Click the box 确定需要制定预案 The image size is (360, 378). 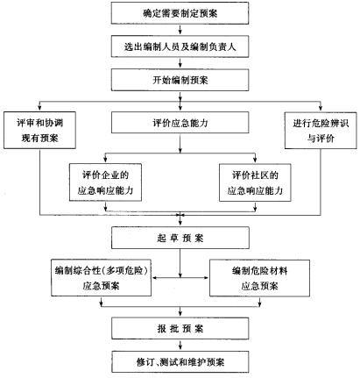click(180, 13)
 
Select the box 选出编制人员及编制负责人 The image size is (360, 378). click(180, 46)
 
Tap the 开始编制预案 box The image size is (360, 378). click(180, 80)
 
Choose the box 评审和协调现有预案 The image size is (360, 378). click(39, 130)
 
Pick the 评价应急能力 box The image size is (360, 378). click(180, 123)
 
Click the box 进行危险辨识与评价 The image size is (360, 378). click(321, 131)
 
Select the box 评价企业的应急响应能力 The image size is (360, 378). click(105, 182)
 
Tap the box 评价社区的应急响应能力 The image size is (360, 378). click(255, 182)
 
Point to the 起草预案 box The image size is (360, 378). click(180, 238)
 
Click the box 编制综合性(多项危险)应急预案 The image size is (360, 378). click(102, 278)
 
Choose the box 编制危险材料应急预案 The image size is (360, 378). click(259, 278)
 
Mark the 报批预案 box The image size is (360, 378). click(180, 329)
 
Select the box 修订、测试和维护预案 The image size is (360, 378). click(180, 362)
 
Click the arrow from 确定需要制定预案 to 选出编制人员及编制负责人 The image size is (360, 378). click(180, 30)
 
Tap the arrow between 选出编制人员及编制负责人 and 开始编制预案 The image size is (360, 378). click(180, 63)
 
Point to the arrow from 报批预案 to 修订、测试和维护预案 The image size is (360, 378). click(180, 346)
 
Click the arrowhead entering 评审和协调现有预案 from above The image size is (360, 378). click(39, 109)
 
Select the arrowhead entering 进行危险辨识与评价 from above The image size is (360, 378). click(321, 109)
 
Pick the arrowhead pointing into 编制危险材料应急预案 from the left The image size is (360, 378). click(207, 278)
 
